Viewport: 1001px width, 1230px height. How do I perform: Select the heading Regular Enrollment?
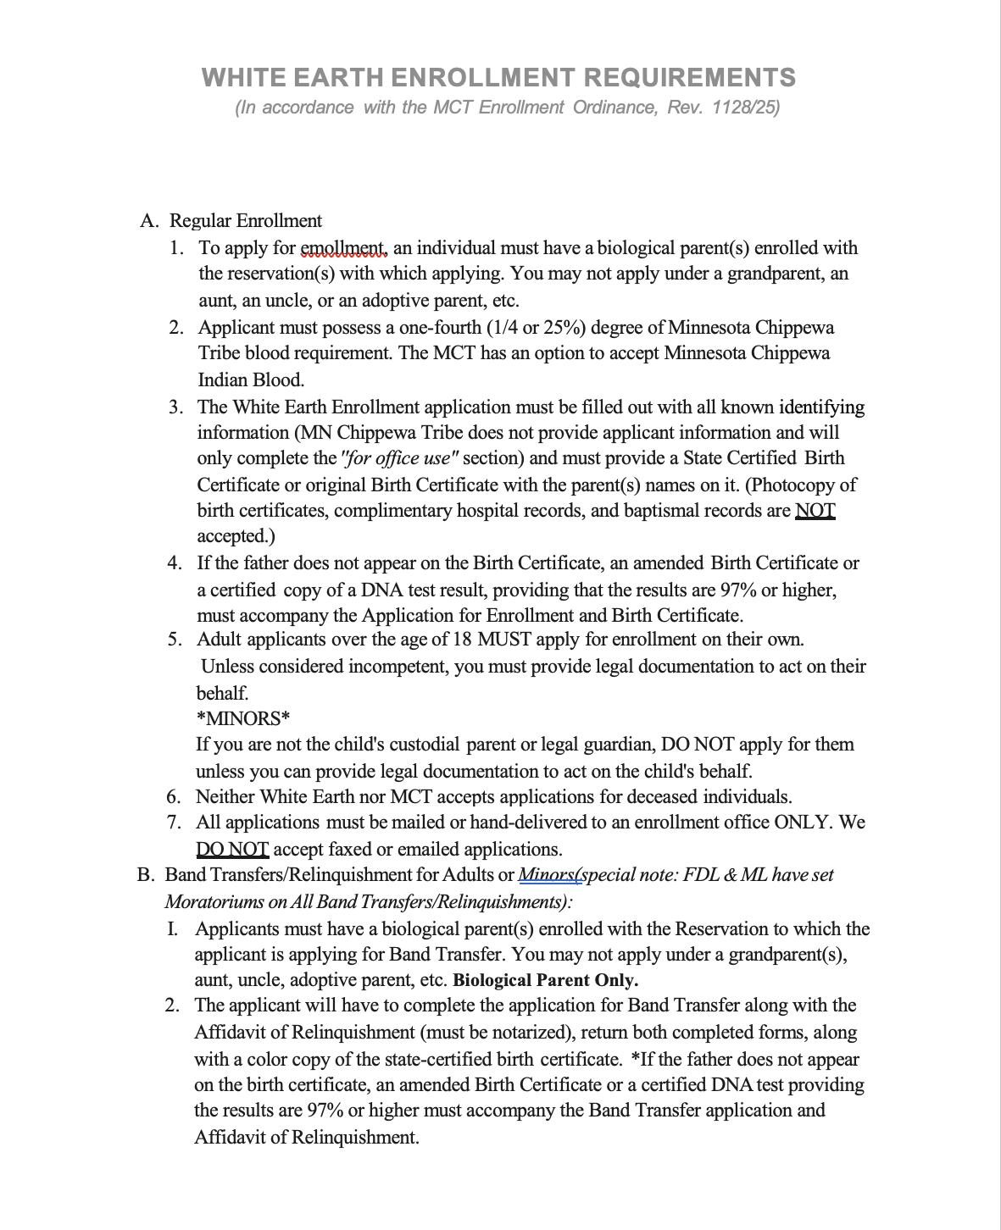pos(246,221)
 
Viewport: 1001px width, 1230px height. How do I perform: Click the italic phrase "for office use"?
pos(399,458)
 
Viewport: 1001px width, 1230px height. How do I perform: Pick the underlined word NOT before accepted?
pos(815,511)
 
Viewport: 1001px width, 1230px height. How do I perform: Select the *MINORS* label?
pos(243,718)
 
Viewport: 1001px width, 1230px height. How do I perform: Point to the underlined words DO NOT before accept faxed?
pos(232,849)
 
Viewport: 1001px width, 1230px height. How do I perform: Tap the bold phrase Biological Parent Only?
pos(546,981)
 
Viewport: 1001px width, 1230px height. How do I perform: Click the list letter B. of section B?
pos(145,875)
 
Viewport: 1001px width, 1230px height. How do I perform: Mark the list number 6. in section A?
pos(174,797)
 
